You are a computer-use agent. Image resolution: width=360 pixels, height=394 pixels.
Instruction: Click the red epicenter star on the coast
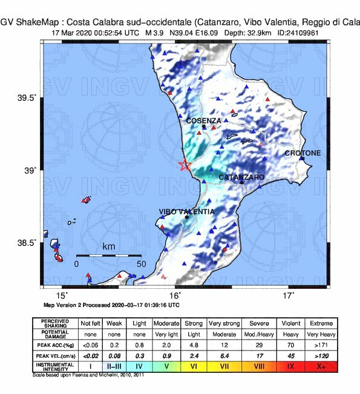pyautogui.click(x=185, y=164)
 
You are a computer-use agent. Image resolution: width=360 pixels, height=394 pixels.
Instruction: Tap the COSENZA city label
pyautogui.click(x=203, y=121)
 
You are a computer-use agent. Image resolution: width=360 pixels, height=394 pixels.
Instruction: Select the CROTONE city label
pyautogui.click(x=303, y=153)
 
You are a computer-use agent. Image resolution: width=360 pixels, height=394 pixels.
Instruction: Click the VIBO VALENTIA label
pyautogui.click(x=186, y=212)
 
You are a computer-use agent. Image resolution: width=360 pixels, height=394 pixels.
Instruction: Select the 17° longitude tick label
pyautogui.click(x=289, y=295)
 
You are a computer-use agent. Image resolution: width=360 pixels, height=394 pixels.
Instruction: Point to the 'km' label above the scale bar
pyautogui.click(x=109, y=247)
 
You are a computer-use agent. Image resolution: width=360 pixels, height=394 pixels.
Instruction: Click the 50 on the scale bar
pyautogui.click(x=141, y=264)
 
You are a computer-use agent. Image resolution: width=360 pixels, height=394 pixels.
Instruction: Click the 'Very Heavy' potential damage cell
pyautogui.click(x=315, y=334)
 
